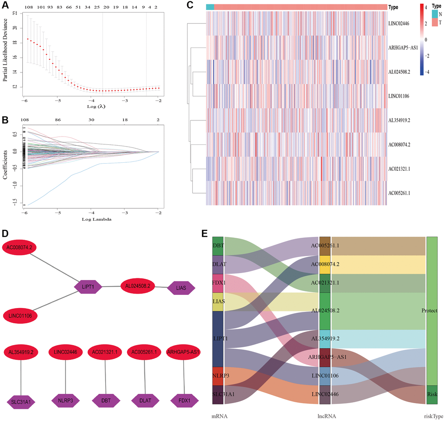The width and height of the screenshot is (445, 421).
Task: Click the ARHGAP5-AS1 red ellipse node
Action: [x=183, y=352]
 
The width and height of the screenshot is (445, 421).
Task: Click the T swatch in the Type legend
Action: [x=434, y=22]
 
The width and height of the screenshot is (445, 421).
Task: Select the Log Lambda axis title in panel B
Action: [x=90, y=219]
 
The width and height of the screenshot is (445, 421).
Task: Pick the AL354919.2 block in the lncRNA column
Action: [x=325, y=339]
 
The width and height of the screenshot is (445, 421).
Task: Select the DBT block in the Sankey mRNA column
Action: [x=218, y=246]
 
